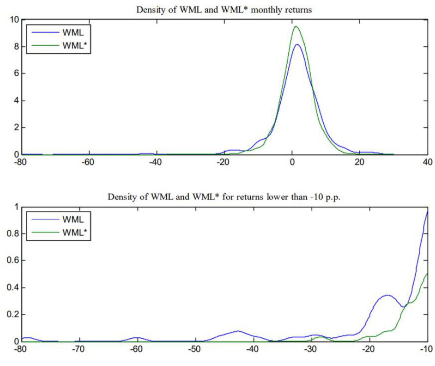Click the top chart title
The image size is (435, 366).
pos(224,10)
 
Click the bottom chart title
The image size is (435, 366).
pos(224,196)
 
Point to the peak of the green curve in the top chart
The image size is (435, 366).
pos(296,26)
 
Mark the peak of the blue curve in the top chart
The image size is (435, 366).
pos(297,44)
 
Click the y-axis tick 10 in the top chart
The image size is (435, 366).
pos(14,20)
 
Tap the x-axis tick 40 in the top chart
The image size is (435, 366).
pos(427,162)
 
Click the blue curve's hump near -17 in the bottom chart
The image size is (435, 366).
pos(387,295)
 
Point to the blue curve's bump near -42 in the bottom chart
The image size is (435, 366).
pos(238,331)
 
